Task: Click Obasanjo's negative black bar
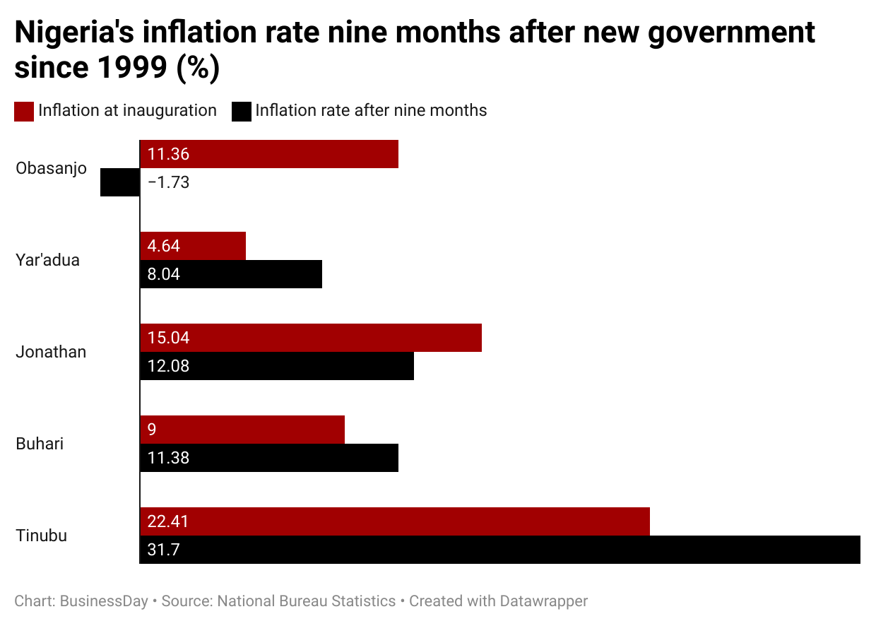coord(120,182)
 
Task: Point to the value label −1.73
coord(168,182)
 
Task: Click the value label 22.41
coord(168,521)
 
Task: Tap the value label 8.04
coord(164,274)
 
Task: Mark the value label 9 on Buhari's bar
coord(152,430)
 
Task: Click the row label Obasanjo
coord(51,168)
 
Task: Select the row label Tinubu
coord(42,536)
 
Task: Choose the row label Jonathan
coord(51,352)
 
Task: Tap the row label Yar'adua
coord(48,260)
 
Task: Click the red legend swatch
coord(24,111)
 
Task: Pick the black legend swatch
coord(242,111)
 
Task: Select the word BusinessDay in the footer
coord(104,601)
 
